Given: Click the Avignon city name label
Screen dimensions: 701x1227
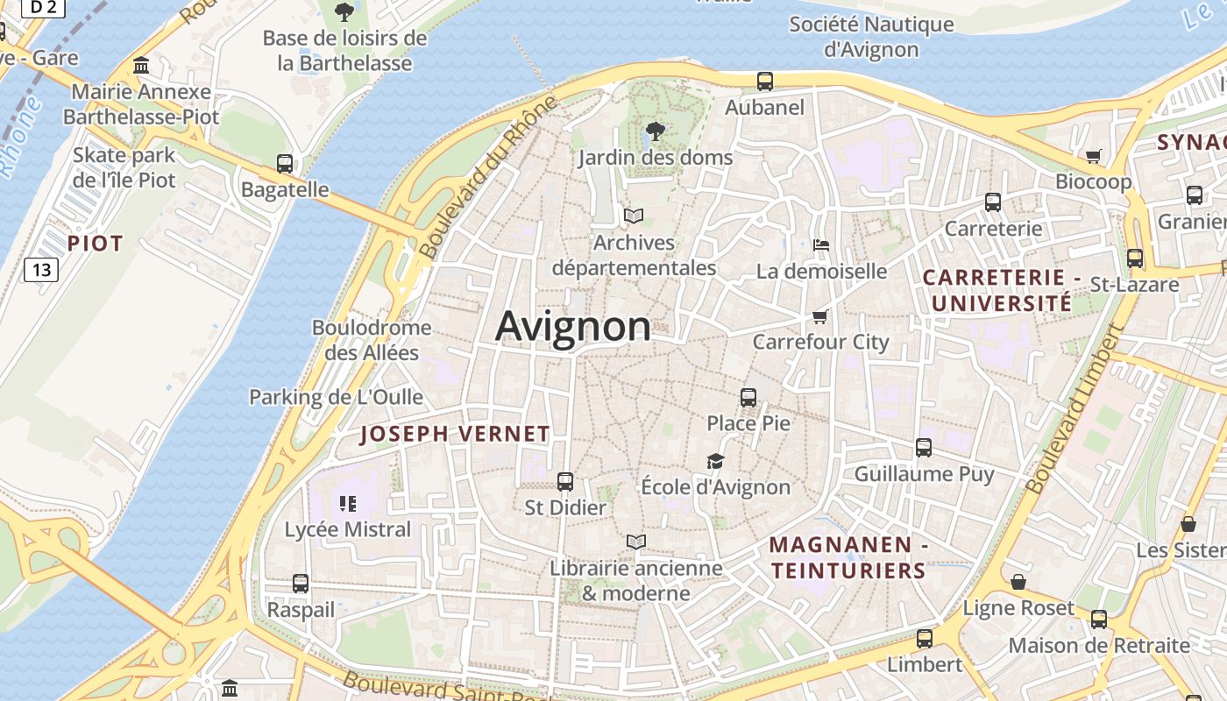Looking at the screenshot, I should coord(573,327).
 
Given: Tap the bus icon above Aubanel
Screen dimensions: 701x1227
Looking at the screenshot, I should coord(765,81).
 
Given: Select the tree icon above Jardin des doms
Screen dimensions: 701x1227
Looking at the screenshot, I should coord(655,132).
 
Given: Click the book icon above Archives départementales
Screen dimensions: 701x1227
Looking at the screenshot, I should coord(634,216).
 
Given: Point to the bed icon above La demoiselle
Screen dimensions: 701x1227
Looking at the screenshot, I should coord(821,245).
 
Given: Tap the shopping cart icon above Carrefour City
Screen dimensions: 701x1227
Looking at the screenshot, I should coord(820,316).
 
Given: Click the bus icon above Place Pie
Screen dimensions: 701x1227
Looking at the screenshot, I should coord(748,398).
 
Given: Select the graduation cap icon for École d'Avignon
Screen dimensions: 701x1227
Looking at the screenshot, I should coord(716,461).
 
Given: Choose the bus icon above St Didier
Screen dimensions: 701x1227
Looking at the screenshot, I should coord(565,482).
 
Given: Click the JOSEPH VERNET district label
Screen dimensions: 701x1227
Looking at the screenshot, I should coord(455,434).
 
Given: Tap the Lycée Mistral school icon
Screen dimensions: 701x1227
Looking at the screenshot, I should coord(348,504).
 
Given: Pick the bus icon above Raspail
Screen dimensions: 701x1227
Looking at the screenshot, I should coord(301,584).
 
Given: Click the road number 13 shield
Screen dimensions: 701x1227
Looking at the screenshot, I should coord(41,270).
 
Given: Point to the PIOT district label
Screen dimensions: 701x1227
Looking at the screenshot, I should coord(96,244).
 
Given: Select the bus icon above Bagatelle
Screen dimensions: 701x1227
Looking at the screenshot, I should coord(285,164).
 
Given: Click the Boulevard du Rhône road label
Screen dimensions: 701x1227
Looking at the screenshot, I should coord(488,178).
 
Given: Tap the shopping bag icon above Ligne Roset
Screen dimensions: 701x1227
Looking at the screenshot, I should coord(1018,582).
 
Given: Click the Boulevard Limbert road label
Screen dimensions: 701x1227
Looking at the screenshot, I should coord(1075,408).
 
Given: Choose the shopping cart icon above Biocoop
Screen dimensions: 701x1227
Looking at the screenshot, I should coord(1093,157).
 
